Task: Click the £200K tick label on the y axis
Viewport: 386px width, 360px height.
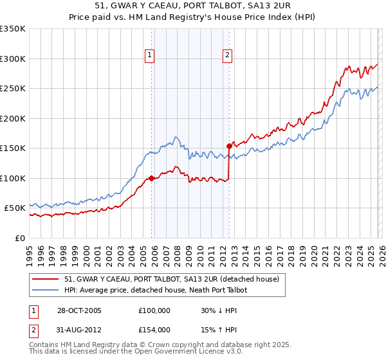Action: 12,118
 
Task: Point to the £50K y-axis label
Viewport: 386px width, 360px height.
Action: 14,208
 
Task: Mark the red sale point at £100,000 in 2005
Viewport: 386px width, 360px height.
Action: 152,178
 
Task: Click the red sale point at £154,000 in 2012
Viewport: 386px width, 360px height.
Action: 229,146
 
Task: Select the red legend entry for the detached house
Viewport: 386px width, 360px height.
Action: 171,279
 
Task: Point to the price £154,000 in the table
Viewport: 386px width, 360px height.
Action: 153,330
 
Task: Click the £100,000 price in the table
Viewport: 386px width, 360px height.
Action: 153,310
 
